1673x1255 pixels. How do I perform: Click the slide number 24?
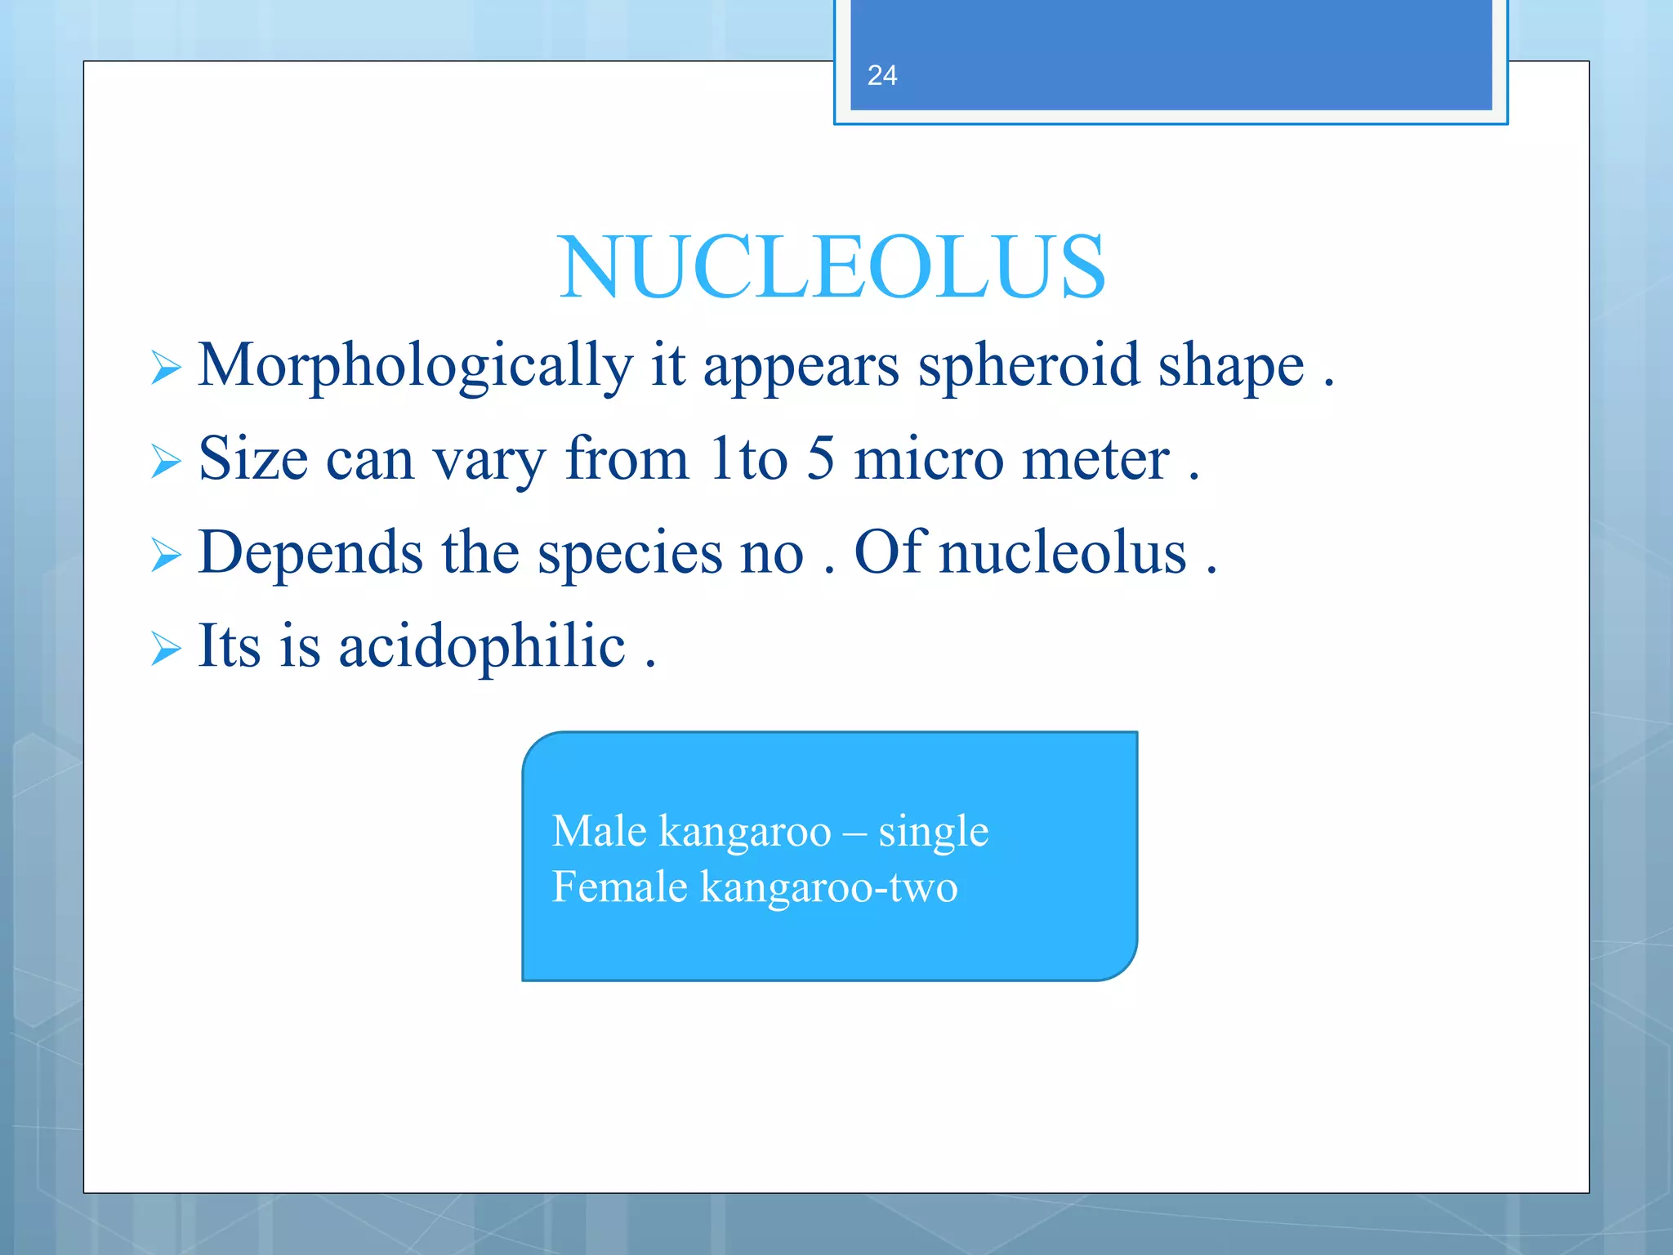[x=881, y=76]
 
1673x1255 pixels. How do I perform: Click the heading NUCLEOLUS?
[x=832, y=268]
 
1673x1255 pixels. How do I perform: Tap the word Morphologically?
[x=415, y=366]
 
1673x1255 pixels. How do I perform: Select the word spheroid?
[x=1028, y=366]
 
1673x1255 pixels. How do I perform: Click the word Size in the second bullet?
[x=252, y=458]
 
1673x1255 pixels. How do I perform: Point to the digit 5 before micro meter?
[x=821, y=458]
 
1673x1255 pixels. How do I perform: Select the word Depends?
[x=310, y=554]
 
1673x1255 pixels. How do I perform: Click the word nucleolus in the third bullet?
[x=1062, y=552]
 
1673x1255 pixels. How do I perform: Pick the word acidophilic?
[x=482, y=647]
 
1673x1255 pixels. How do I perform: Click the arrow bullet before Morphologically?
[x=166, y=368]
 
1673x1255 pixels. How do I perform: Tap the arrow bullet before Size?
[x=166, y=462]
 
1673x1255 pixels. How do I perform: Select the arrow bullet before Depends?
[x=166, y=556]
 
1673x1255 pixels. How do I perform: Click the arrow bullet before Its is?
[x=166, y=650]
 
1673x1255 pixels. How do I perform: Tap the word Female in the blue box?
[x=619, y=887]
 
